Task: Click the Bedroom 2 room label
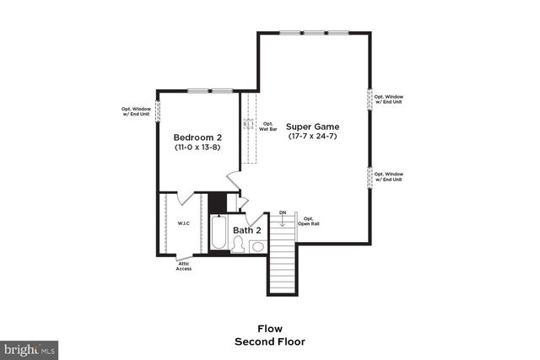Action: [x=197, y=137]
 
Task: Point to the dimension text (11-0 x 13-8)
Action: [x=197, y=148]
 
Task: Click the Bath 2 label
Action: [x=247, y=229]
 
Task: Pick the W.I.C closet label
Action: [x=183, y=223]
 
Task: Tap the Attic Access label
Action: [x=184, y=266]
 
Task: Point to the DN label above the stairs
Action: [x=283, y=212]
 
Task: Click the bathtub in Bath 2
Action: [x=218, y=234]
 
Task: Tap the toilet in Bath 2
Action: [x=239, y=245]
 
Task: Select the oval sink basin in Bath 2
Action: [x=257, y=246]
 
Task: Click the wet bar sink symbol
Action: [x=249, y=124]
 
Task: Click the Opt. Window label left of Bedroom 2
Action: [x=136, y=111]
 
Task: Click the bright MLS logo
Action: [x=30, y=348]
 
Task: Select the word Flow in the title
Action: [x=270, y=328]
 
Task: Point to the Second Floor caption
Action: [x=270, y=341]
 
